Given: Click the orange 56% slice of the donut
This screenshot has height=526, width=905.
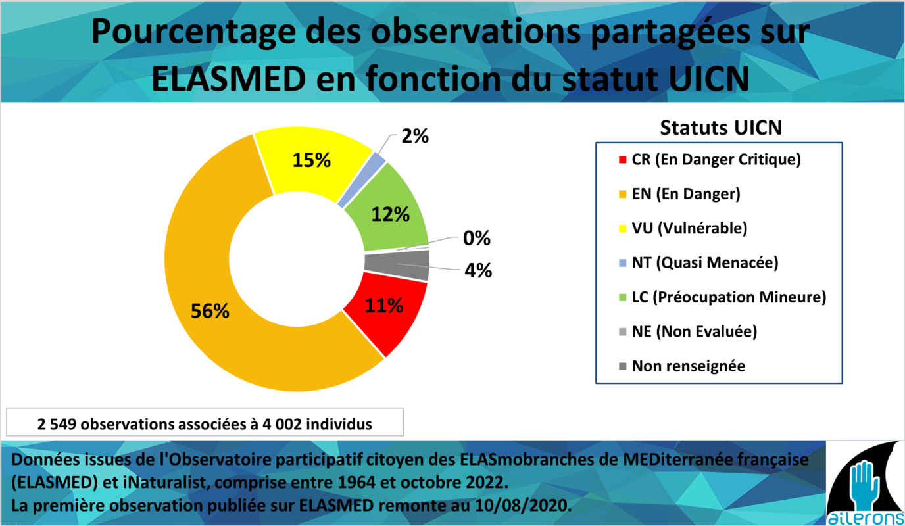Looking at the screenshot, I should click(210, 309).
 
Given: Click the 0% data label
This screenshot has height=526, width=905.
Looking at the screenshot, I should click(476, 238).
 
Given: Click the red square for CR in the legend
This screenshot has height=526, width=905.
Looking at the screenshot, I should click(622, 160).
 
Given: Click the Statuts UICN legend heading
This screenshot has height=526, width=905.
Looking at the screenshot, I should click(721, 128).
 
